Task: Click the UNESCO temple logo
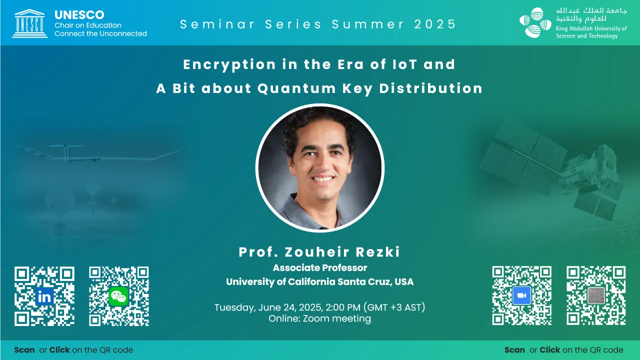pyautogui.click(x=29, y=23)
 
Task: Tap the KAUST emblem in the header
pyautogui.click(x=535, y=22)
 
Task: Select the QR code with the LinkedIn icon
pyautogui.click(x=44, y=296)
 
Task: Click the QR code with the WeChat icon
pyautogui.click(x=119, y=296)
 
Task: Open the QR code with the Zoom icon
pyautogui.click(x=521, y=295)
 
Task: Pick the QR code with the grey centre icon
pyautogui.click(x=596, y=295)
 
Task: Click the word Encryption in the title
pyautogui.click(x=229, y=65)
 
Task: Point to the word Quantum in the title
pyautogui.click(x=296, y=88)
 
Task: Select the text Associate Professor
pyautogui.click(x=319, y=267)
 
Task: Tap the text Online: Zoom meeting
pyautogui.click(x=319, y=318)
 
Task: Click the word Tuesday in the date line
pyautogui.click(x=234, y=307)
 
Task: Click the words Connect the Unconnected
pyautogui.click(x=100, y=33)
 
